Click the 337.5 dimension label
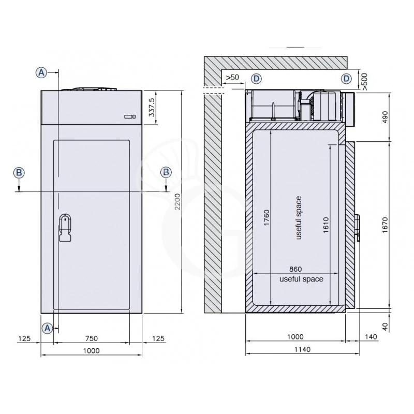(152, 108)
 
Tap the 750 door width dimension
(91, 338)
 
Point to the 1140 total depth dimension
(302, 350)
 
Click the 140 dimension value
(371, 337)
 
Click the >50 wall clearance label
(232, 78)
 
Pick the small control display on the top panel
(130, 117)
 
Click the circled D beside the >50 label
(257, 78)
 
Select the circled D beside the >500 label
(346, 78)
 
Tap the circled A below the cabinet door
(47, 328)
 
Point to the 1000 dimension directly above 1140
(295, 337)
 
